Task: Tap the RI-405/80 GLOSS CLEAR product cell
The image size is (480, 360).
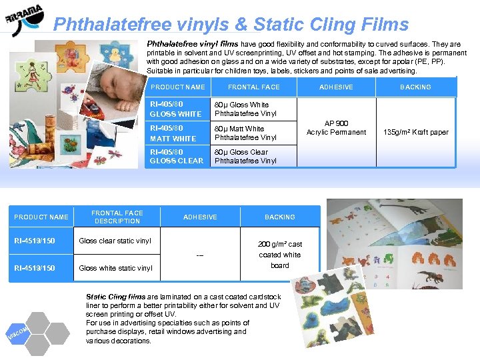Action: point(177,156)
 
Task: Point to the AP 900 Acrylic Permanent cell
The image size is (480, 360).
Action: point(336,127)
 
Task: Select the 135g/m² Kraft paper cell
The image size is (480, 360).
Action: point(415,132)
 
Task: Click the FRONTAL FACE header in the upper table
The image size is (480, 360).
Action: point(253,87)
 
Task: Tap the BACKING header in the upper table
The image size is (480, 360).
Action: point(415,87)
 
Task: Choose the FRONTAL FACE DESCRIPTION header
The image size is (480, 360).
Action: point(117,217)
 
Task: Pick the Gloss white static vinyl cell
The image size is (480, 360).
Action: point(115,268)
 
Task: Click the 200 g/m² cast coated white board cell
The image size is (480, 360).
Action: point(280,255)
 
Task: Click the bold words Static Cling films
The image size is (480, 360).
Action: point(116,297)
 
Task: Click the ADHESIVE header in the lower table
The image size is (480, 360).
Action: point(200,217)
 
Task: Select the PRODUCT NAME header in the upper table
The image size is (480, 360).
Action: point(178,87)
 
